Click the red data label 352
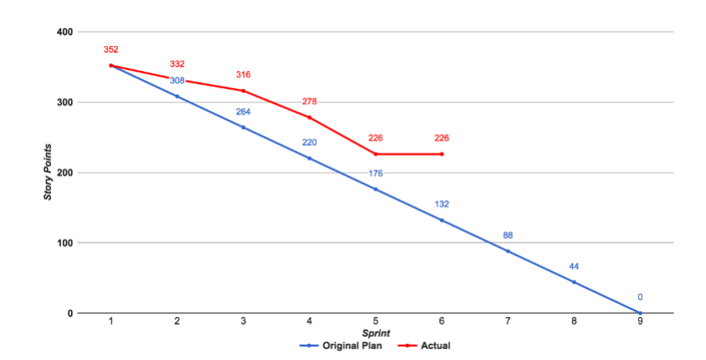point(111,49)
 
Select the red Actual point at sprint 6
point(442,154)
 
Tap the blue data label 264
point(244,111)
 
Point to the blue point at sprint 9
point(641,313)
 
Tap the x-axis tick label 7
point(508,321)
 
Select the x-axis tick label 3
point(244,321)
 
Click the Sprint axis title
point(375,333)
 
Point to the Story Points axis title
point(48,173)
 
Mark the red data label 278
point(310,102)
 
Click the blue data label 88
point(508,235)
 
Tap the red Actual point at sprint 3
point(244,90)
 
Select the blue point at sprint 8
point(574,282)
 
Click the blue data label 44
point(574,266)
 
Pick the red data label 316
point(244,74)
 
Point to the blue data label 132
point(442,204)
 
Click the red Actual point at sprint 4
point(310,118)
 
